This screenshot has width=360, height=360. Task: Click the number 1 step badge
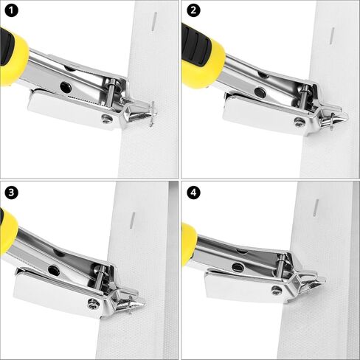[x=11, y=10]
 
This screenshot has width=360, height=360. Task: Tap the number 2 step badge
[x=193, y=10]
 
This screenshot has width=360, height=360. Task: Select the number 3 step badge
[x=11, y=193]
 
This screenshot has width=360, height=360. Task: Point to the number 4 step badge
[x=193, y=193]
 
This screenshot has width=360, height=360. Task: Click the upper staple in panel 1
[x=154, y=21]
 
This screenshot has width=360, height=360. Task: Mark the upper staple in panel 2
[x=332, y=36]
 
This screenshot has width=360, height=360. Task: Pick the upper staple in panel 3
[x=133, y=220]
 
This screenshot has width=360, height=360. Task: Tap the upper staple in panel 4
[x=316, y=208]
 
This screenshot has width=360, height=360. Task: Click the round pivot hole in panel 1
[x=66, y=87]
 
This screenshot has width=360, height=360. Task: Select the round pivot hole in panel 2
[x=260, y=91]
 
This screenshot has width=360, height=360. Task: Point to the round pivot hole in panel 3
[x=54, y=271]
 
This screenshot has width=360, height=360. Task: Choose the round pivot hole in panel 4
[x=238, y=267]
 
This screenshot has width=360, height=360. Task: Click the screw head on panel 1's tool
[x=107, y=119]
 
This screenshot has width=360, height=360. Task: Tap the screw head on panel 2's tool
[x=300, y=122]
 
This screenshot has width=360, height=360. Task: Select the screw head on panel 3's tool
[x=94, y=304]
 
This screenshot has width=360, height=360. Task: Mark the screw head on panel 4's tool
[x=277, y=291]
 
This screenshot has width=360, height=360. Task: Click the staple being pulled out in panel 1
[x=153, y=114]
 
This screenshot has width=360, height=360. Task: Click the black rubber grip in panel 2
[x=196, y=46]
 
